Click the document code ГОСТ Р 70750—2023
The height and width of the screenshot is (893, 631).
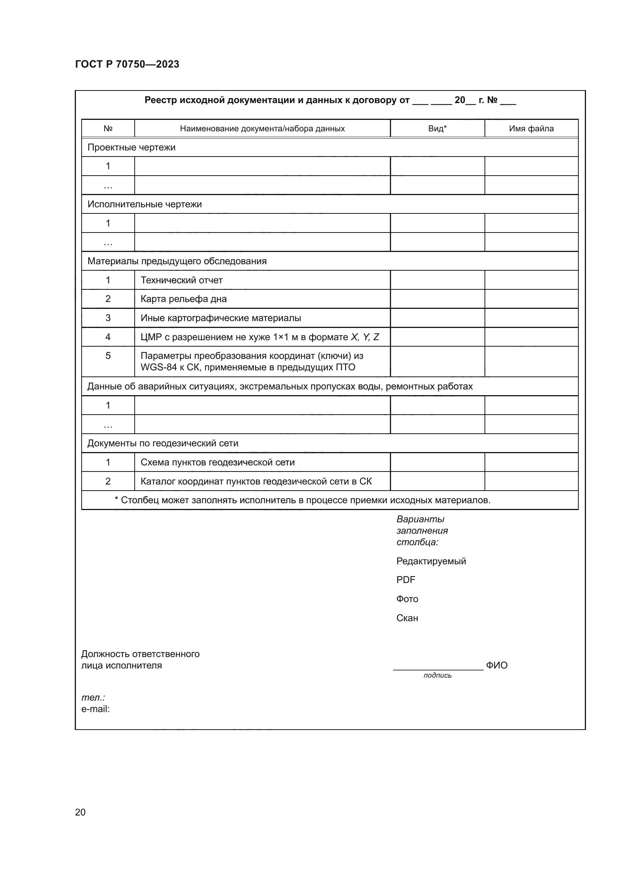coord(127,64)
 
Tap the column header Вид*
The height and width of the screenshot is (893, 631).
coord(437,129)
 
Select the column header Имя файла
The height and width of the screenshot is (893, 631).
coord(531,129)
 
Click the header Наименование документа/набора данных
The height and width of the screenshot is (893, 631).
coord(262,129)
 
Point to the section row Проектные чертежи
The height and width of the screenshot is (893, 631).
coord(131,147)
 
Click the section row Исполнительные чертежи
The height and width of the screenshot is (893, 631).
coord(145,204)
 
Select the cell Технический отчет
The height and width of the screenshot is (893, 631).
coord(182,280)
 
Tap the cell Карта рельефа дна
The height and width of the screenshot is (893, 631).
coord(184,299)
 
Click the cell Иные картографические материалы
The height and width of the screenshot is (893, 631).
coord(221,318)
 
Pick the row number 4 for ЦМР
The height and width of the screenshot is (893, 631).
coord(108,337)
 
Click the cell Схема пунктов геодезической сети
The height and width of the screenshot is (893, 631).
coord(217,462)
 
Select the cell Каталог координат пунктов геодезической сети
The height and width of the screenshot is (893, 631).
coord(256,481)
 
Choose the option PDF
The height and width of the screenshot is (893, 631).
coord(406,580)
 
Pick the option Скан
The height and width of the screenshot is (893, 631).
coord(407,618)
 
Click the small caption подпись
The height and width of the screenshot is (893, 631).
coord(438,675)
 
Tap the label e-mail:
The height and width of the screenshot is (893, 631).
coord(96,709)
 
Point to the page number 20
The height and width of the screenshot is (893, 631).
coord(80,812)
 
